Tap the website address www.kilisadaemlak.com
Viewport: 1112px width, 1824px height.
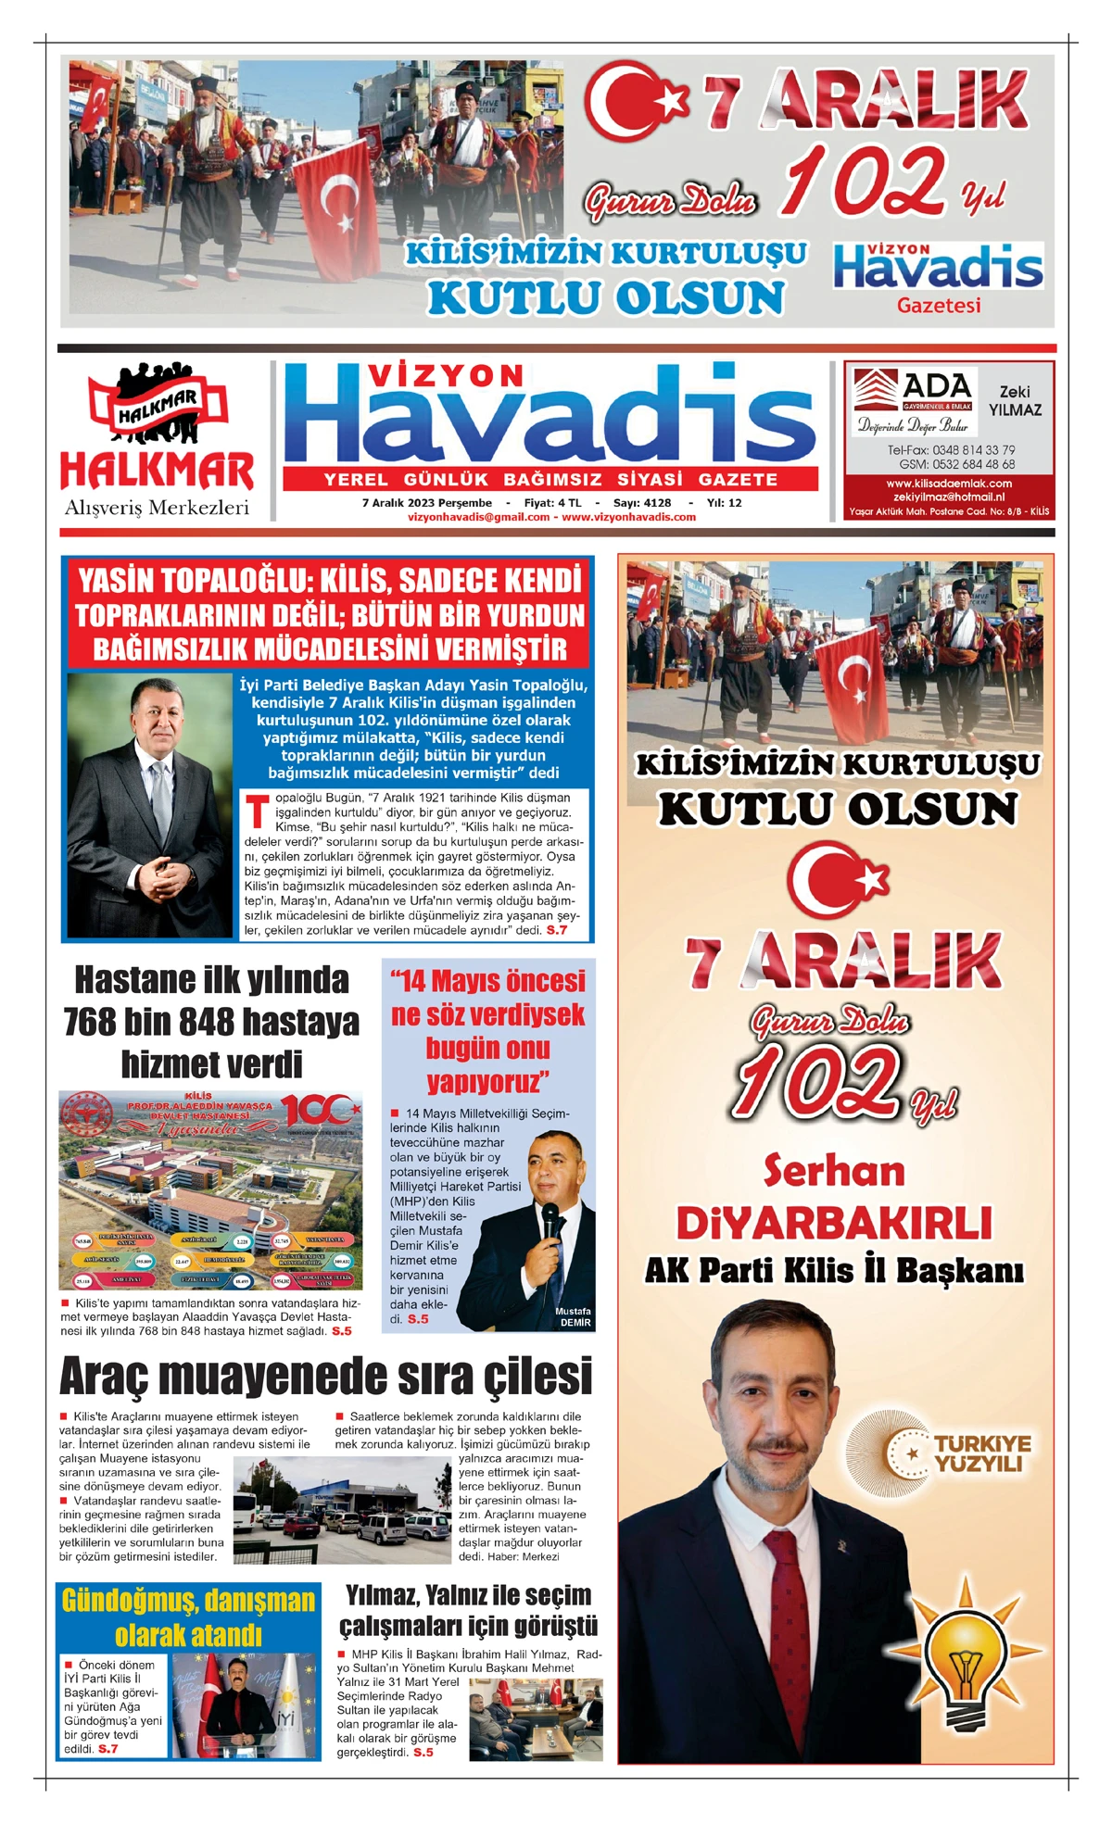[948, 484]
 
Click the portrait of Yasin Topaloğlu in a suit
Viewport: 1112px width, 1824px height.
[150, 805]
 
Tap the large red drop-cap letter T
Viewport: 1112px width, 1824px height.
[257, 811]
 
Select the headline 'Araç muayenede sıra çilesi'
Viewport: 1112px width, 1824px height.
[325, 1376]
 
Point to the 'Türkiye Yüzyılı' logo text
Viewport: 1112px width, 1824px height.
[981, 1453]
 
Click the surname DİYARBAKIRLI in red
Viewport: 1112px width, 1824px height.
[834, 1224]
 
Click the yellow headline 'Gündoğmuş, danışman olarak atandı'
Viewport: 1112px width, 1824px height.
[188, 1616]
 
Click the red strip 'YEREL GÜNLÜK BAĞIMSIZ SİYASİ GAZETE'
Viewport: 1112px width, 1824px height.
[550, 479]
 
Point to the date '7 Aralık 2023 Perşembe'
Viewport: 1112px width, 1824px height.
[427, 503]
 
